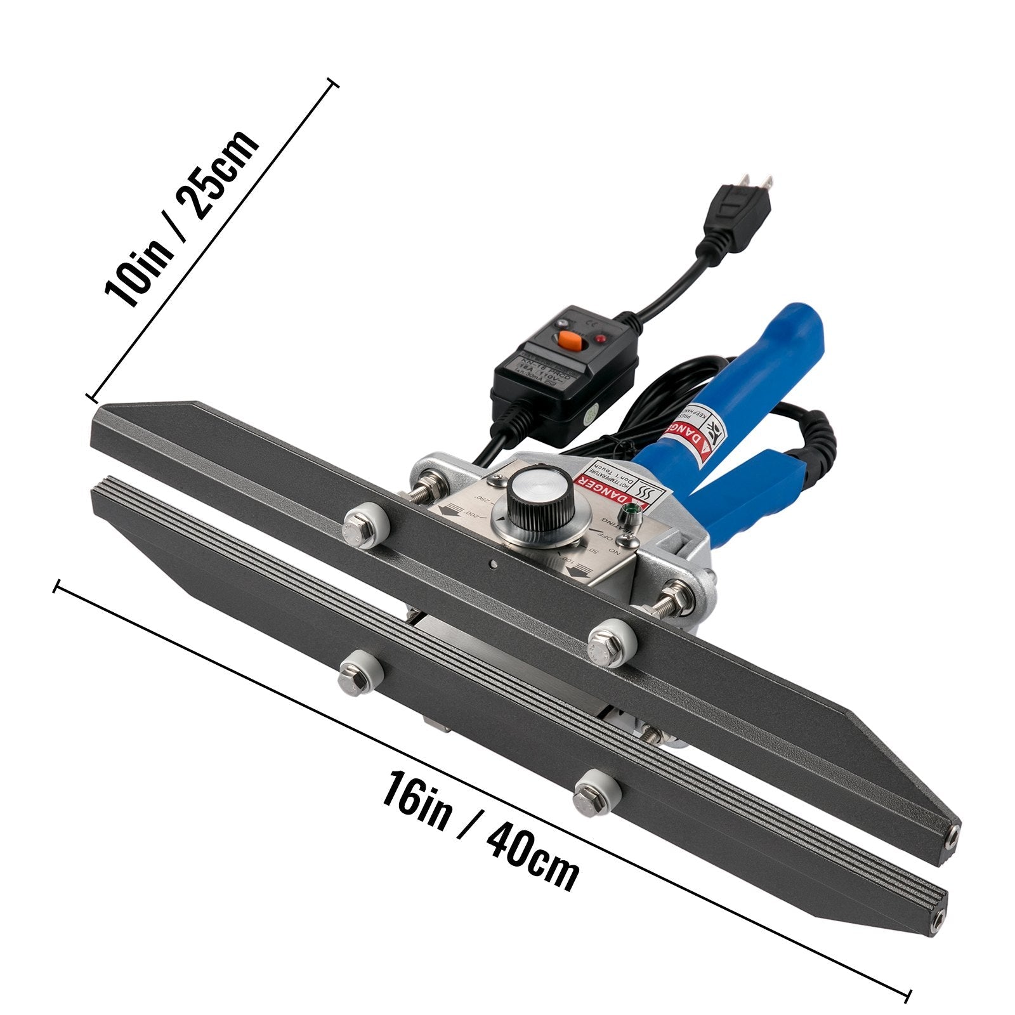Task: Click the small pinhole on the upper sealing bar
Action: coord(492,562)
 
